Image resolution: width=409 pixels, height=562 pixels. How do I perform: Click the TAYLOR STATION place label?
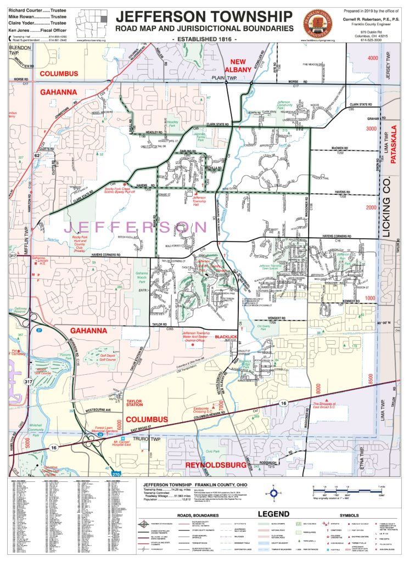tap(135, 403)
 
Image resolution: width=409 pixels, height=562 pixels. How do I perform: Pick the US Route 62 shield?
tap(37, 156)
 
